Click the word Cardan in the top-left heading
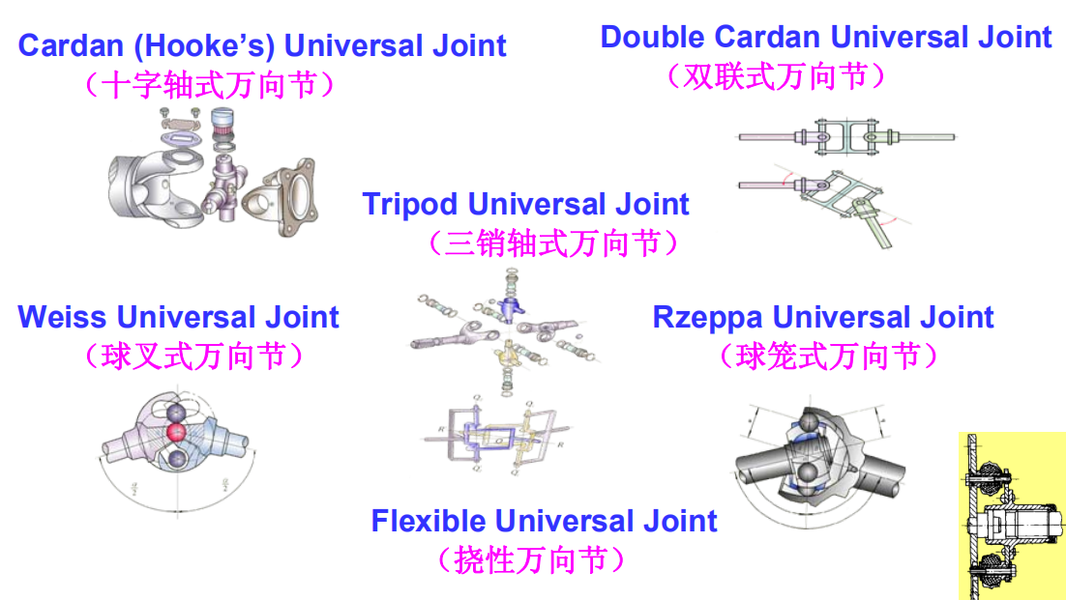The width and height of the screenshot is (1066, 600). click(61, 45)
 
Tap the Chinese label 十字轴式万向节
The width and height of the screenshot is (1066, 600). click(211, 85)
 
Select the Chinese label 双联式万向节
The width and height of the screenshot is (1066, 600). click(776, 76)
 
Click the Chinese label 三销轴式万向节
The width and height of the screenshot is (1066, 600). click(552, 243)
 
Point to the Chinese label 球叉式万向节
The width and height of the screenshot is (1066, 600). click(193, 357)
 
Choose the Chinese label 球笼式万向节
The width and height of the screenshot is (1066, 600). click(828, 357)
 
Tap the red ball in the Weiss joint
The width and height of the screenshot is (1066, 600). click(176, 431)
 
